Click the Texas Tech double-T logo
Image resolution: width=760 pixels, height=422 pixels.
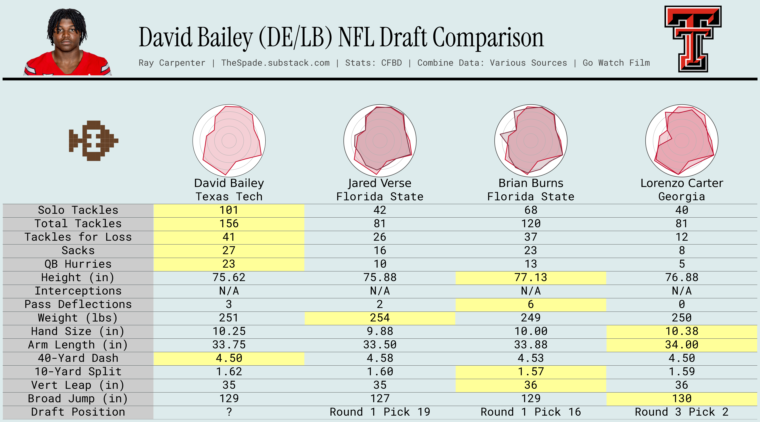(693, 39)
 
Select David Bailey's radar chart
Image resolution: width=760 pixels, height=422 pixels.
(229, 141)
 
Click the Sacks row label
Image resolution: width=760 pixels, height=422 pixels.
(78, 250)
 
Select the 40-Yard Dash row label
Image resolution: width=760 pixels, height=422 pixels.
(78, 358)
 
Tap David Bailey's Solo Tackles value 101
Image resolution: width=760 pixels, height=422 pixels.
(229, 210)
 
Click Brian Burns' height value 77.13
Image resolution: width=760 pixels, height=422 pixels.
(531, 277)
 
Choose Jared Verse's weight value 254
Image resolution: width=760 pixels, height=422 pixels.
(380, 318)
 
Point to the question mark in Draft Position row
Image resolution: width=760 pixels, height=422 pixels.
(229, 412)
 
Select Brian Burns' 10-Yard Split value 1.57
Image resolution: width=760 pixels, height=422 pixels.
(531, 372)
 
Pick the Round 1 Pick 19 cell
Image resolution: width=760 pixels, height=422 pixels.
(380, 412)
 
